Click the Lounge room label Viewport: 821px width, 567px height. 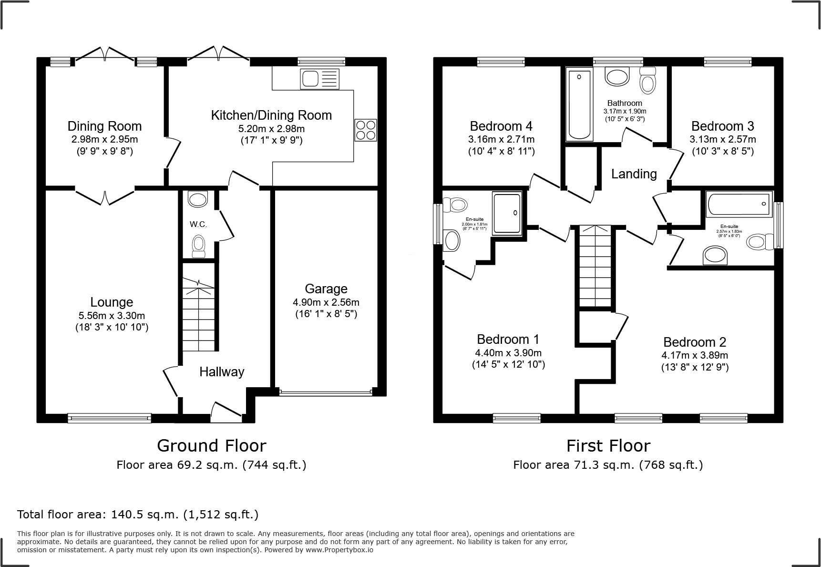pos(112,302)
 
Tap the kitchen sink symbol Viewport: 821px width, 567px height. pos(320,79)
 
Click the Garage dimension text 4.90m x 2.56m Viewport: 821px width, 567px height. pos(326,302)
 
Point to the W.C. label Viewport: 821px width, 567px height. pos(198,224)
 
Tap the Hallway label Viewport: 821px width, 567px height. pos(222,372)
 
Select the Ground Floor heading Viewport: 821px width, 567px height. pos(211,446)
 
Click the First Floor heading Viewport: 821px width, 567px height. pos(608,446)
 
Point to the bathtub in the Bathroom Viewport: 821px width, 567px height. pos(579,104)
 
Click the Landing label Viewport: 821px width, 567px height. pos(634,174)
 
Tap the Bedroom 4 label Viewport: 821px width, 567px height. pos(501,126)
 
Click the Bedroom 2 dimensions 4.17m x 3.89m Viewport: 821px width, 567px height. pos(695,355)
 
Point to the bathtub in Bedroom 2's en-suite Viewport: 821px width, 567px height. pos(739,204)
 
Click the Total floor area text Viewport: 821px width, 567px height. pos(138,515)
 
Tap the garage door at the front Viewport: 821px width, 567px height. pos(326,393)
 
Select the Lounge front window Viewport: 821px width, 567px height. pos(109,418)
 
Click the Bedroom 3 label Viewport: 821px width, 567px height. pos(722,126)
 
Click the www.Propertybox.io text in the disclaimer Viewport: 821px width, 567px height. pos(339,550)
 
